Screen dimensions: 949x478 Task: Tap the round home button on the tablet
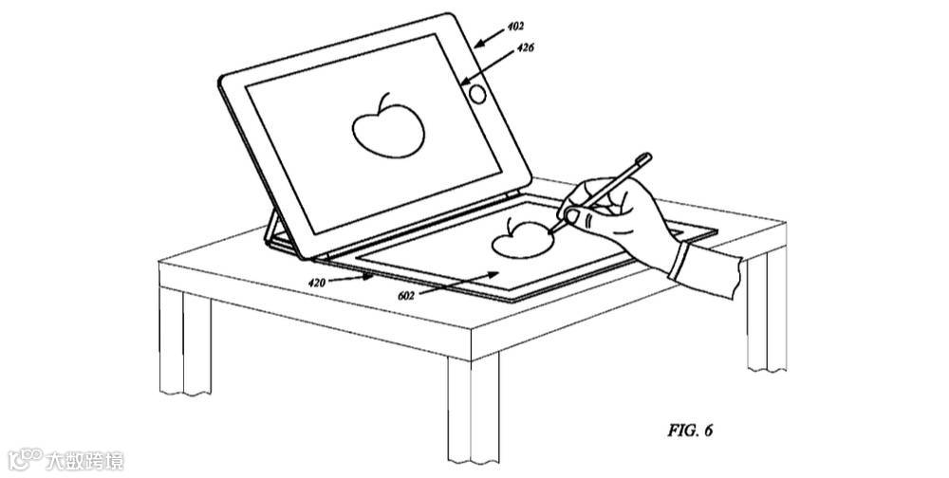coord(477,93)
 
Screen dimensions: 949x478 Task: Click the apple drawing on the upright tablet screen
coord(386,127)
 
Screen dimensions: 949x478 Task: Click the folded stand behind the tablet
coord(277,231)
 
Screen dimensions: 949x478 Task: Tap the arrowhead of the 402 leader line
coord(476,44)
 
